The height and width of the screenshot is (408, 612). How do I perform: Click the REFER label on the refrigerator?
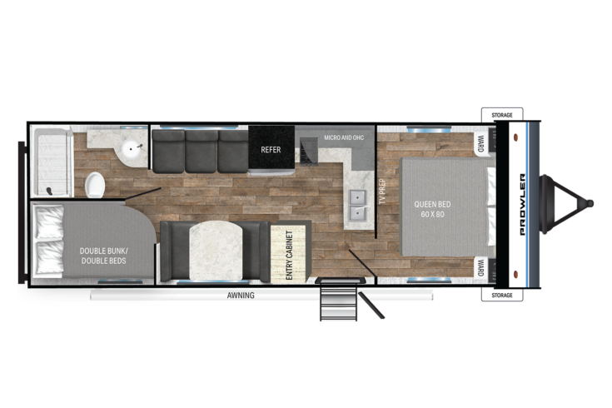point(271,150)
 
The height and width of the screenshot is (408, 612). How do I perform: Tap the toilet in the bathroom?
point(95,185)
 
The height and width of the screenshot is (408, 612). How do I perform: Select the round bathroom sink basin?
point(132,147)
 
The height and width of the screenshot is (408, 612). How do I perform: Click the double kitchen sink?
point(357,205)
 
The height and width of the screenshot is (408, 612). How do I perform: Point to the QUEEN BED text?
point(432,204)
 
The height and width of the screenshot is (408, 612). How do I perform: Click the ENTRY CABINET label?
point(289,255)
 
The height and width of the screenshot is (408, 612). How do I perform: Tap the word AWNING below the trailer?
point(241,296)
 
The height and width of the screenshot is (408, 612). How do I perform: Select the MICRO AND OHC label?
point(344,137)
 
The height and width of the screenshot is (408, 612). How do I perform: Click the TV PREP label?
point(382,192)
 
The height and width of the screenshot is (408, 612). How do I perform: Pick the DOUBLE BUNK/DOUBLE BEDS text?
point(103,256)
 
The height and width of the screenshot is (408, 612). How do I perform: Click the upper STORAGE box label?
point(502,115)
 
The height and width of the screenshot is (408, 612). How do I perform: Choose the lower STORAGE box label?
point(502,295)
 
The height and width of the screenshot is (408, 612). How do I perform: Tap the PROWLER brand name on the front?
point(523,204)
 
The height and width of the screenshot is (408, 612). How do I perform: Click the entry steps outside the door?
point(339,300)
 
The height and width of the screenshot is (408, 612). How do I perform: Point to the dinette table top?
point(216,251)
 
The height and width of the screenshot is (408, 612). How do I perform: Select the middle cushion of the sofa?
point(202,152)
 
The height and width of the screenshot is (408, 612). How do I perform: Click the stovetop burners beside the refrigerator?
point(308,152)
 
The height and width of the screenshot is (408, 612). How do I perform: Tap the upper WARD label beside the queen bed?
point(480,144)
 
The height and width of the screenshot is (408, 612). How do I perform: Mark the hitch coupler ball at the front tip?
point(590,203)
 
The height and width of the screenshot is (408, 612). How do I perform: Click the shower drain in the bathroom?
point(50,191)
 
